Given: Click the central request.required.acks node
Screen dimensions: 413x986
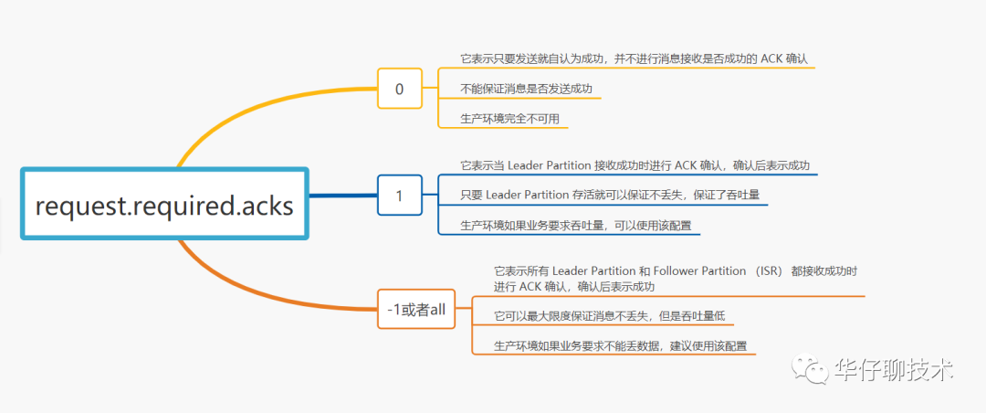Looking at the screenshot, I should (164, 205).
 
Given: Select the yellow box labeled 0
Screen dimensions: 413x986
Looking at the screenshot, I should (399, 89).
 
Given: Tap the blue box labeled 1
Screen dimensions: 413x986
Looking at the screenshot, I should (399, 195).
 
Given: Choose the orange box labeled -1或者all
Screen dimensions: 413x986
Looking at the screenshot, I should (416, 309).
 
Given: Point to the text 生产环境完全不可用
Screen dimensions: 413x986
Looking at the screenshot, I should (510, 119).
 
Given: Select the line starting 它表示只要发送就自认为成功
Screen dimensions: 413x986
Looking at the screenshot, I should (635, 58).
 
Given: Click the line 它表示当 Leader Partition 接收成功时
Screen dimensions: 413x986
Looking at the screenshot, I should (637, 165).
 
